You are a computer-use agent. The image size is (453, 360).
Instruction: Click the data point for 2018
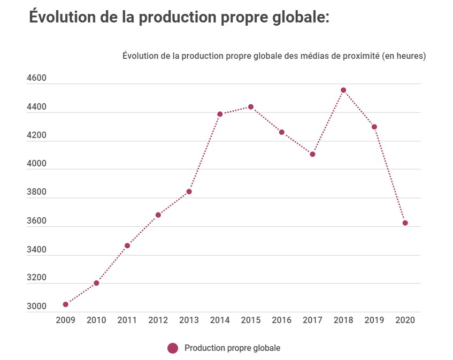coord(343,90)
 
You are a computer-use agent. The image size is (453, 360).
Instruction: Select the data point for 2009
coord(65,304)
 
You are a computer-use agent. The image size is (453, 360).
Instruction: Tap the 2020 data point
coord(405,223)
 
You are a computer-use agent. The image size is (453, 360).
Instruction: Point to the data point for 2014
coord(220,114)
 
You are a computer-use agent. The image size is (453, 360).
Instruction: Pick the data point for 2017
coord(312,154)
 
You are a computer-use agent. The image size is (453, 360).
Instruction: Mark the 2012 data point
coord(158,215)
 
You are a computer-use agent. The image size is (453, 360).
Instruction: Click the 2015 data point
coord(251,107)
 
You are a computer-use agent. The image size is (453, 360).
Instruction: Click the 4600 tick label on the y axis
coord(37,78)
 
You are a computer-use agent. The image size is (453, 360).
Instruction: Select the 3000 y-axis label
coord(37,307)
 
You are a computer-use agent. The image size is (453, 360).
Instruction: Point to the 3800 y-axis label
coord(37,193)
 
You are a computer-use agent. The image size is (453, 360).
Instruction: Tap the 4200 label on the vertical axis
coord(37,135)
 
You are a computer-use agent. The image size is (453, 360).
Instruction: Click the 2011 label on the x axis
coord(127,320)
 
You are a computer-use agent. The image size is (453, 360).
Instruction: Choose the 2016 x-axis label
coord(282,320)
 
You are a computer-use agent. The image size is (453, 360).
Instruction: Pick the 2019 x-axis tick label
coord(374,320)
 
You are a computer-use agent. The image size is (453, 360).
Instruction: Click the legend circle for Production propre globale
coord(172,348)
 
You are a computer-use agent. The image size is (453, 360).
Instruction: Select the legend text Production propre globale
coord(232,348)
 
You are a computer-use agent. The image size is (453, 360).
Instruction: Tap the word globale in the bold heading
coord(297,17)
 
